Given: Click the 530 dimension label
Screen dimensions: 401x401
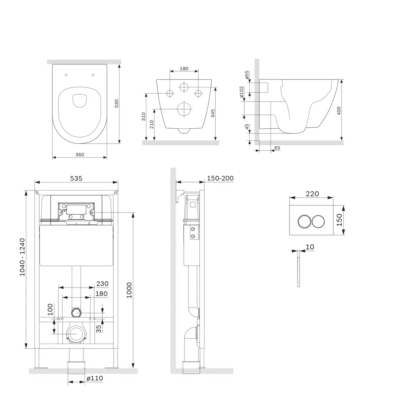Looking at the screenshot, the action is pyautogui.click(x=117, y=103).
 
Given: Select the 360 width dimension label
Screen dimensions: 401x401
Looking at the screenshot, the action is pyautogui.click(x=80, y=154).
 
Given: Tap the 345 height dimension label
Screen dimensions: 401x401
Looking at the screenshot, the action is pyautogui.click(x=213, y=113).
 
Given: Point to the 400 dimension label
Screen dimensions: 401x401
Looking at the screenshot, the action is pyautogui.click(x=339, y=111).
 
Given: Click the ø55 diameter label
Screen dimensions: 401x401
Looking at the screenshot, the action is pyautogui.click(x=247, y=75).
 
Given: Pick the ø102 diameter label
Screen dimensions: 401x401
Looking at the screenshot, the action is pyautogui.click(x=242, y=92).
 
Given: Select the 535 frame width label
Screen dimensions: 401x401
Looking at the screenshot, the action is pyautogui.click(x=76, y=178).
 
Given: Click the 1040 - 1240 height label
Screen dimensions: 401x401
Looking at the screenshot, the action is pyautogui.click(x=22, y=257).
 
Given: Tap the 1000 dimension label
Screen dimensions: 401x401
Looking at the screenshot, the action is pyautogui.click(x=129, y=290).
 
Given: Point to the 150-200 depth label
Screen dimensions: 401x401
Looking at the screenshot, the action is pyautogui.click(x=220, y=178).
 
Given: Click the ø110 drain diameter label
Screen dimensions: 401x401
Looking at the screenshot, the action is pyautogui.click(x=95, y=378).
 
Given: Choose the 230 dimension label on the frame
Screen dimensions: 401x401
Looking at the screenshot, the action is pyautogui.click(x=103, y=284).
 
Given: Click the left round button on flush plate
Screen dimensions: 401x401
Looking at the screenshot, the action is pyautogui.click(x=304, y=221).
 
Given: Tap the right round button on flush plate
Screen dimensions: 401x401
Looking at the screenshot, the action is pyautogui.click(x=318, y=221).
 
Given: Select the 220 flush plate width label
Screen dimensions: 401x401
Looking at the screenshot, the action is pyautogui.click(x=312, y=194).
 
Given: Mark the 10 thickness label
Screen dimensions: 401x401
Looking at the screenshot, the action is pyautogui.click(x=310, y=247).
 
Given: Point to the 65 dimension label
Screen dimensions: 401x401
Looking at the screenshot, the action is pyautogui.click(x=277, y=148).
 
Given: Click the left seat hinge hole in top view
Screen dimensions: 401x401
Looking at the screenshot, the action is pyautogui.click(x=66, y=75).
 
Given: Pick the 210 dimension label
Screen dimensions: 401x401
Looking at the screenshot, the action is pyautogui.click(x=152, y=124).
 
